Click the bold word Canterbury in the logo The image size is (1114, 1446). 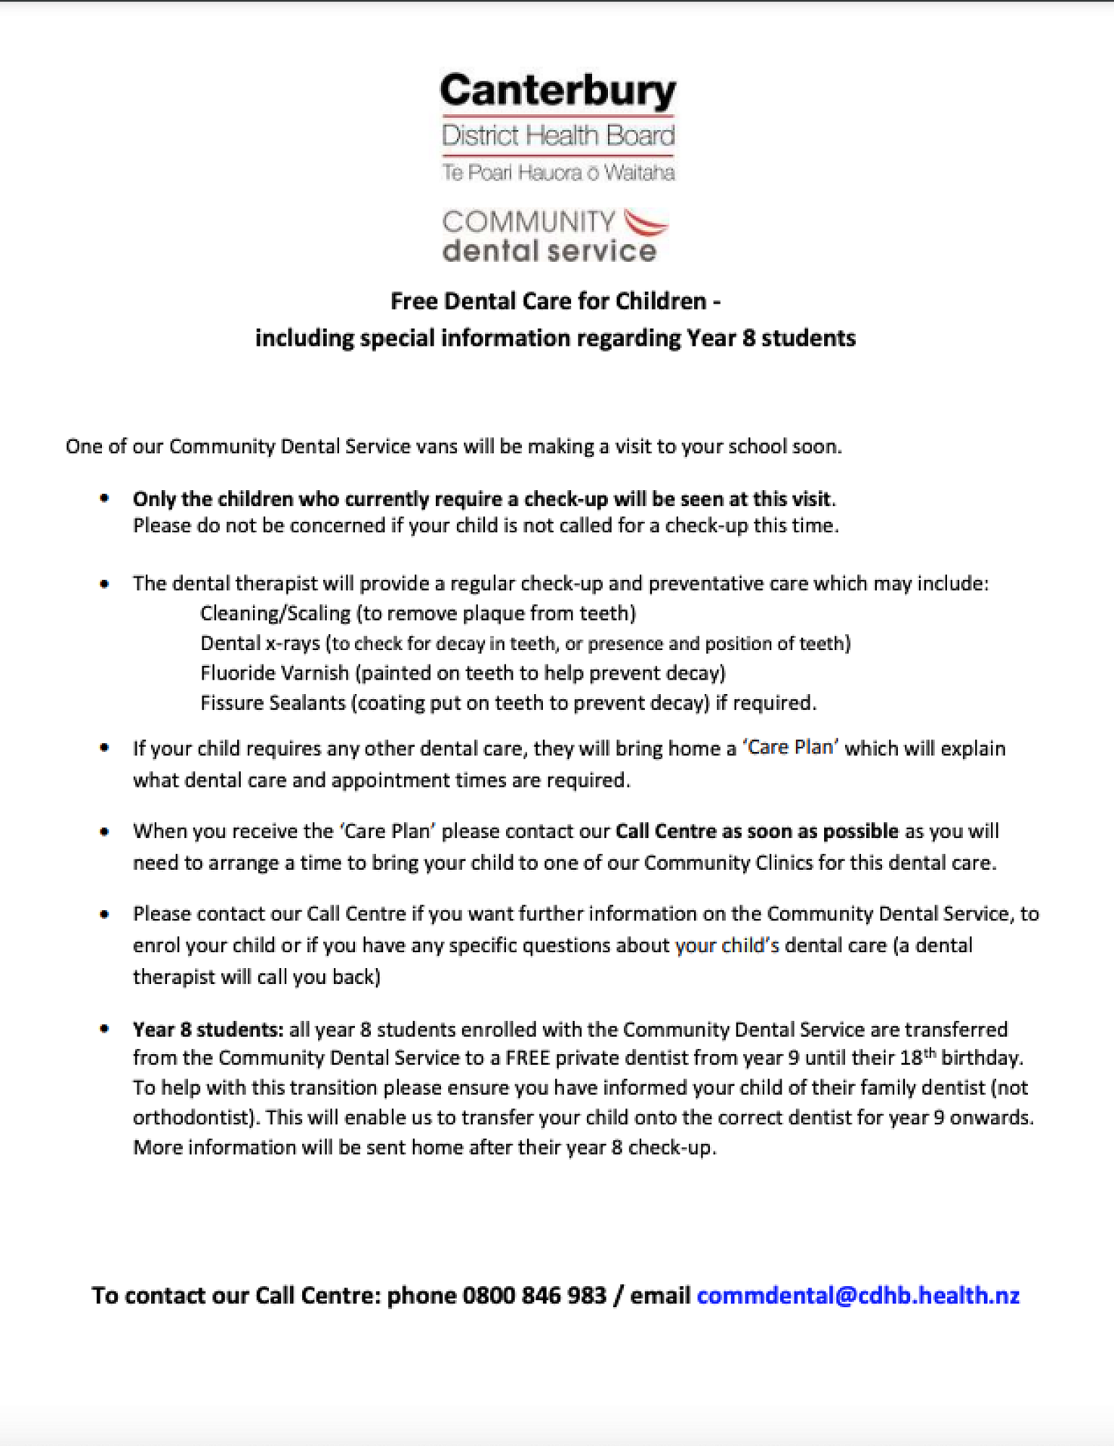(x=557, y=91)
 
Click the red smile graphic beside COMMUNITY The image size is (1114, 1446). (x=646, y=223)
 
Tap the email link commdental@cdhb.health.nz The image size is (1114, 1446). (x=858, y=1295)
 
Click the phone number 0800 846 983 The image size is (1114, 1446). (x=534, y=1295)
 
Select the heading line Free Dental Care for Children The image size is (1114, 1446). (x=554, y=301)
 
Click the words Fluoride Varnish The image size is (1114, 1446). (x=274, y=673)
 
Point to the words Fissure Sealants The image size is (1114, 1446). (x=273, y=703)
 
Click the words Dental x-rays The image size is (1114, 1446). (x=260, y=643)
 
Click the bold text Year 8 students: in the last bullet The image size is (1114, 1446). (x=208, y=1030)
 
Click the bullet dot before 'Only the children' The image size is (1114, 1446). (x=105, y=498)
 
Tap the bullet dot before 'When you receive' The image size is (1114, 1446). (x=105, y=831)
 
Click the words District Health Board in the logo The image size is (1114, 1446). (x=557, y=135)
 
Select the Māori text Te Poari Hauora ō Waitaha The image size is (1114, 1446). (x=557, y=173)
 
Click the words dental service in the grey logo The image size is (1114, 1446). (x=549, y=251)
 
